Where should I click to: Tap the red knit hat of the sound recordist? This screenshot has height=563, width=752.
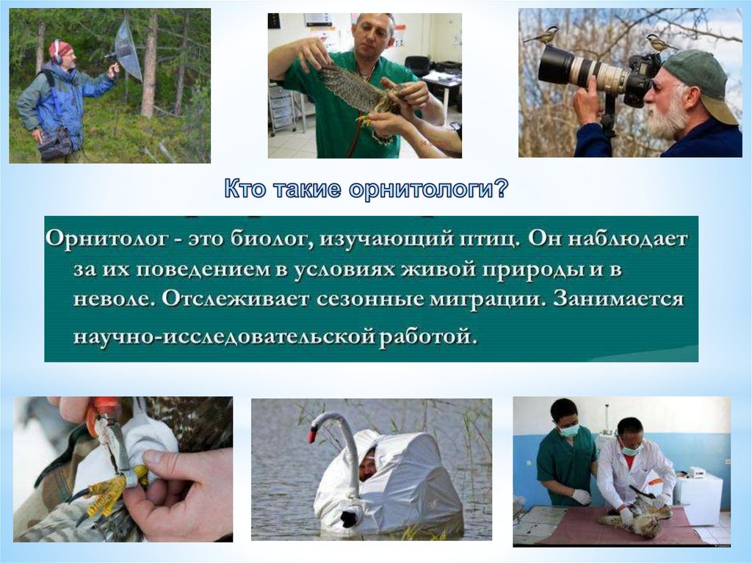(60, 48)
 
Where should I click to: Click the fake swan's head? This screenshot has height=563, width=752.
(318, 427)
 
